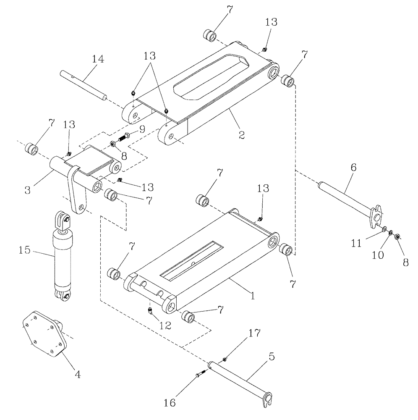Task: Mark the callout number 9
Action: [141, 129]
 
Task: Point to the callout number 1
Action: [253, 295]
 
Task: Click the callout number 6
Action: [353, 167]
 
